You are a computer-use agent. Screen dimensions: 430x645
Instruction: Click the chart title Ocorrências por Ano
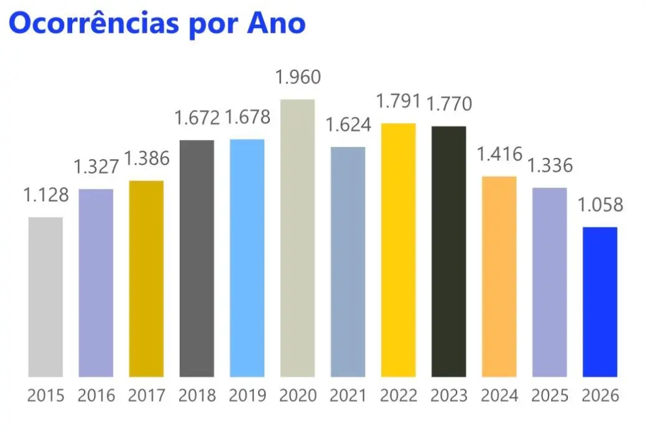[157, 23]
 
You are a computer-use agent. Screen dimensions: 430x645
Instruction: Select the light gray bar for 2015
[45, 297]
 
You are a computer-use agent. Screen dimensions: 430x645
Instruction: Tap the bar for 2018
[197, 258]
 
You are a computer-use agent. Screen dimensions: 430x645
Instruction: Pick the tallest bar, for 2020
[297, 238]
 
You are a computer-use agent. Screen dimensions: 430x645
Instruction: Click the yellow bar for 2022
[398, 250]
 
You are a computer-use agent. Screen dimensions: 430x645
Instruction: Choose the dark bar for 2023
[448, 251]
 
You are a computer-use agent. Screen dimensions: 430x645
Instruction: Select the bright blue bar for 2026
[600, 302]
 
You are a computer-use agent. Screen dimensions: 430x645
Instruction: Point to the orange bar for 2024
[499, 276]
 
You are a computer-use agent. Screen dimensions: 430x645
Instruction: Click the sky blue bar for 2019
[247, 258]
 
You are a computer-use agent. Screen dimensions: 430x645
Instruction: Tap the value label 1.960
[297, 78]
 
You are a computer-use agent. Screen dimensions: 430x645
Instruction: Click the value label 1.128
[46, 195]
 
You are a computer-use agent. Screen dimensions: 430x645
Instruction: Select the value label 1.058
[600, 205]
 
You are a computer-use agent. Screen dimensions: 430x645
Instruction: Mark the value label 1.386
[147, 159]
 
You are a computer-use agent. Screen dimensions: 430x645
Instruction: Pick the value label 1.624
[348, 124]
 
